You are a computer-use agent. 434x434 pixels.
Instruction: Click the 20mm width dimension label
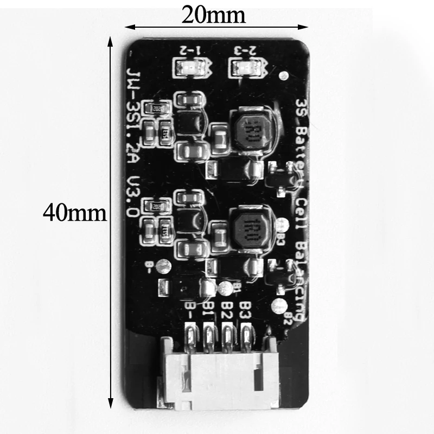[x=214, y=14]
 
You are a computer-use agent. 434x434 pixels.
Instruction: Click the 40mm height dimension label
[x=75, y=212]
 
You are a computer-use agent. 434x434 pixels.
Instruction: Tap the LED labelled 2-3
[x=241, y=68]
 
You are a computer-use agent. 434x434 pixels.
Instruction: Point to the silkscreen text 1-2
[x=190, y=50]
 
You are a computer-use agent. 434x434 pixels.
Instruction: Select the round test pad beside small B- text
[x=162, y=266]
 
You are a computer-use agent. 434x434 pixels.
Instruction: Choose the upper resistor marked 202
[x=157, y=107]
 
